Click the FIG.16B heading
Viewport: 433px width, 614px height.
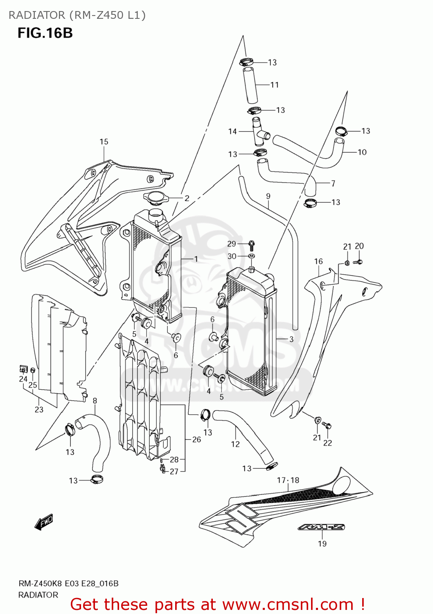45,33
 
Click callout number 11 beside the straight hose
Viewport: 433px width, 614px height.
275,85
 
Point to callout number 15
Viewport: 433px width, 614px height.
104,142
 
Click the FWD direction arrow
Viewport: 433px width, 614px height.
44,522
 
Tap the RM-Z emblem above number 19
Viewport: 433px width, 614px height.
321,527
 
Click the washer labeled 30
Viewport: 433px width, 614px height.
252,256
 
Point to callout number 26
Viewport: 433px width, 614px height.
196,439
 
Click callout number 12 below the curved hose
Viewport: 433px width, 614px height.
235,444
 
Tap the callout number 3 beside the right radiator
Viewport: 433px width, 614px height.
291,339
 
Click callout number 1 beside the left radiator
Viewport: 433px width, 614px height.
196,259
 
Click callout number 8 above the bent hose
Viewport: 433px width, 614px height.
95,401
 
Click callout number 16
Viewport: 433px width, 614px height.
318,261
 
